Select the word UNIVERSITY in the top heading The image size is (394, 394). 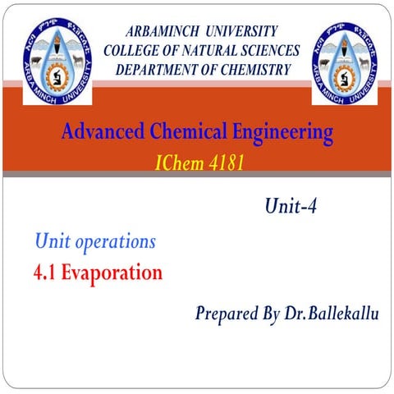(x=241, y=32)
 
